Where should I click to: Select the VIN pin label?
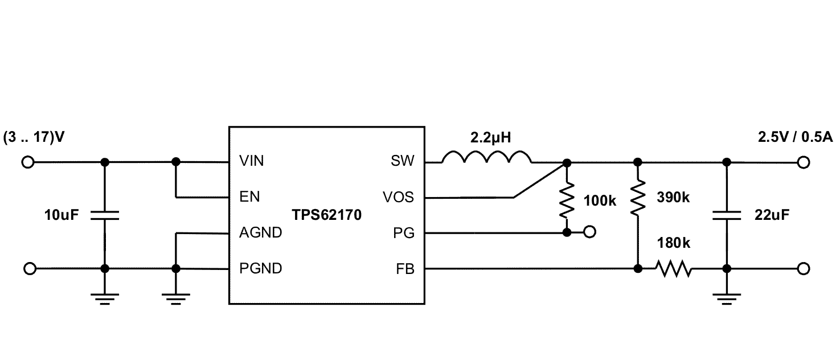click(x=252, y=162)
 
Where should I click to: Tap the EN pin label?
click(x=249, y=197)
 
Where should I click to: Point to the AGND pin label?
click(x=260, y=233)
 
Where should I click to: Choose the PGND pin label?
click(x=261, y=268)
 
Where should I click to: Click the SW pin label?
click(x=403, y=162)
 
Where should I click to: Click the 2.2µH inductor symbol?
click(x=486, y=158)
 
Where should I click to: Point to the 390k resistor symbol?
click(x=638, y=198)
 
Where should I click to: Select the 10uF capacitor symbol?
click(x=104, y=215)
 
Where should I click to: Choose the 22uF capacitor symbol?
click(x=726, y=215)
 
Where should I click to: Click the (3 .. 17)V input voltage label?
click(x=34, y=138)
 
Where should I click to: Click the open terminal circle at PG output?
click(x=590, y=232)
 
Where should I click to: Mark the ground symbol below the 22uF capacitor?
click(x=726, y=298)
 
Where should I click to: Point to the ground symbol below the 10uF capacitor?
click(x=104, y=298)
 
